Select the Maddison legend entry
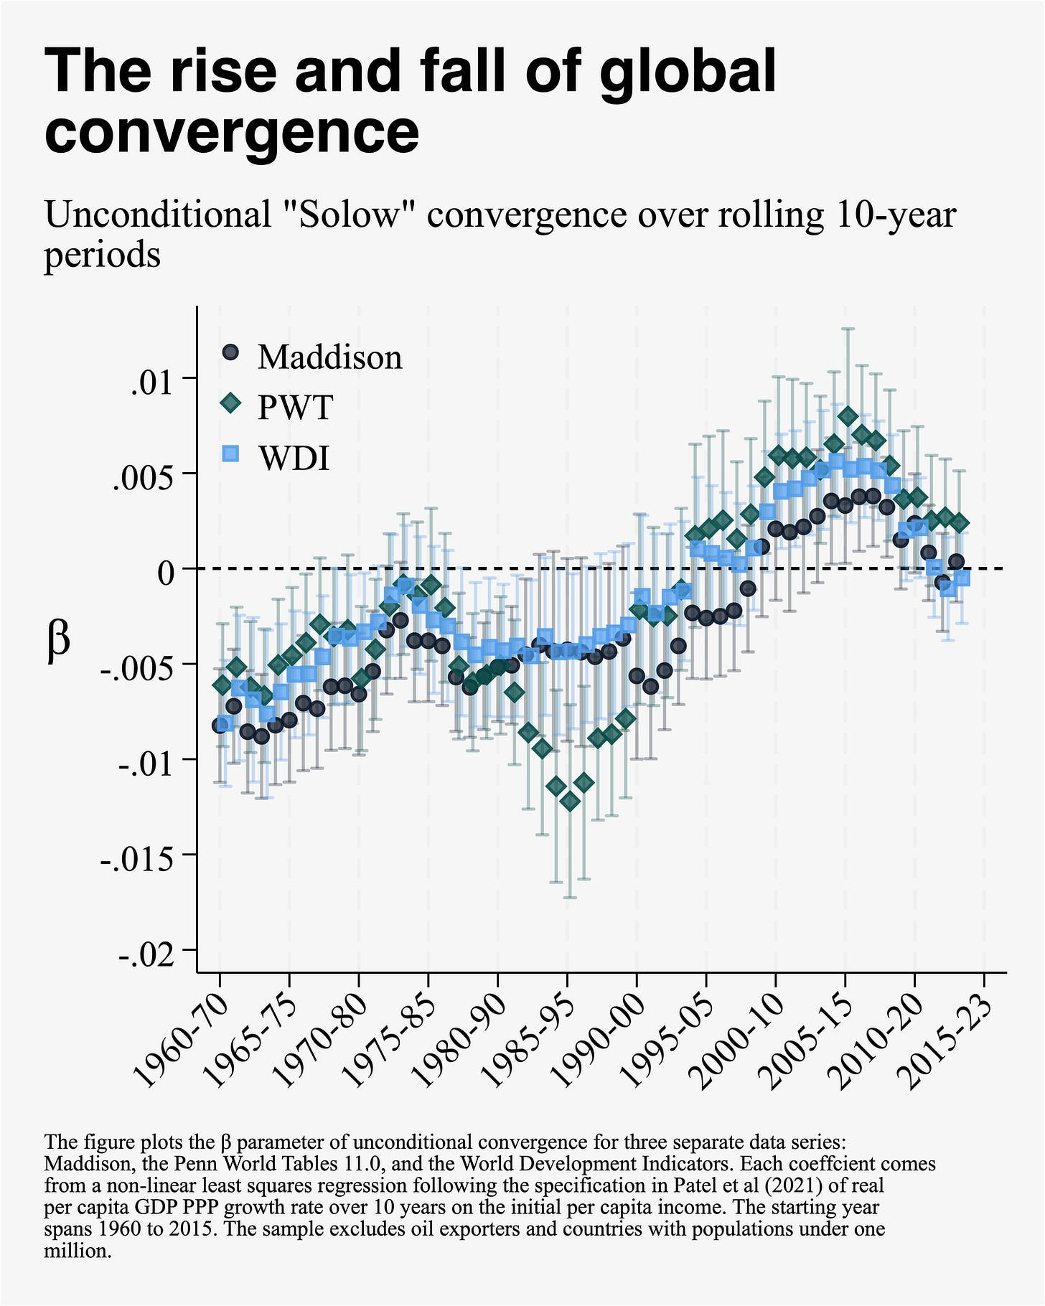pos(329,357)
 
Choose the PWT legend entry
pos(295,407)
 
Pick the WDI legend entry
pos(294,458)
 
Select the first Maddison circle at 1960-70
pos(220,725)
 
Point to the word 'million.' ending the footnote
pos(78,1251)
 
